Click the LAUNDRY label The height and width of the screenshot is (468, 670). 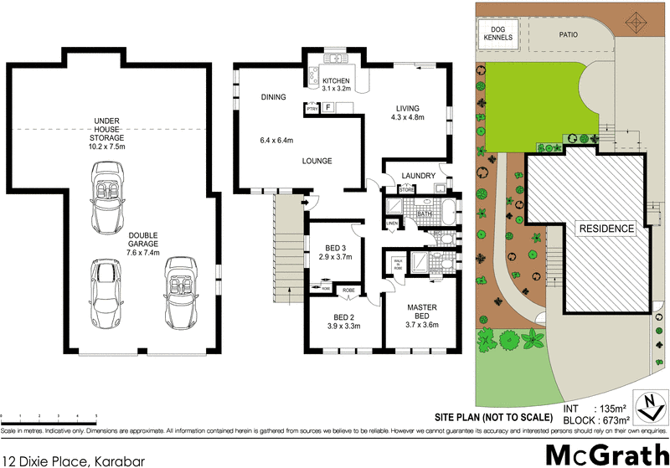click(x=418, y=176)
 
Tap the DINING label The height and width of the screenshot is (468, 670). click(x=273, y=97)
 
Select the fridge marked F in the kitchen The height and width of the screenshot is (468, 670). click(x=328, y=107)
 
